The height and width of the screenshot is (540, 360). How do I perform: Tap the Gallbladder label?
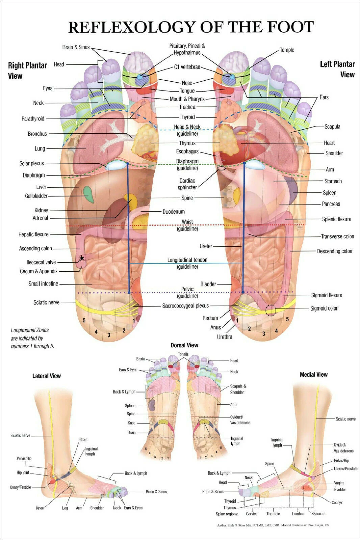point(36,196)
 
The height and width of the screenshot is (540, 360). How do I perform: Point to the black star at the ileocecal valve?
point(82,258)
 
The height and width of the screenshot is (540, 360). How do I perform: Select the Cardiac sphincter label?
point(187,184)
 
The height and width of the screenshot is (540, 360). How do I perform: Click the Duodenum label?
point(174,212)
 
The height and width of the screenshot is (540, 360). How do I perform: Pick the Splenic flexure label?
point(336,219)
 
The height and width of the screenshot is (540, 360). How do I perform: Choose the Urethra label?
point(225,337)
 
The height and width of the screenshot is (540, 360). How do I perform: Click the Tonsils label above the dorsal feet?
point(183,354)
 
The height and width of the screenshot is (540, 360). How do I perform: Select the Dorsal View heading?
point(184,345)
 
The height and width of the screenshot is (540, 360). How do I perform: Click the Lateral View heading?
point(47,376)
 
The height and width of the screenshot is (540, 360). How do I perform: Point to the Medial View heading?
point(313,374)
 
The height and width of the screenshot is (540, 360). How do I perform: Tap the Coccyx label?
point(337,503)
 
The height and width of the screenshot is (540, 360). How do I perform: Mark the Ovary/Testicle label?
point(20,487)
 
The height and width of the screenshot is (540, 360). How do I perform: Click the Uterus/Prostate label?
point(345,469)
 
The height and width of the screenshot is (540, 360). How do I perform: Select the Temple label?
point(287,50)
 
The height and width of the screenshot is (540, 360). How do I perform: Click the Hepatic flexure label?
point(33,234)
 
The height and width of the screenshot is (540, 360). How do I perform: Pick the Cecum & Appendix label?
point(39,271)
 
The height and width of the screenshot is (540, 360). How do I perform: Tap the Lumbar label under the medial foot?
point(298,514)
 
